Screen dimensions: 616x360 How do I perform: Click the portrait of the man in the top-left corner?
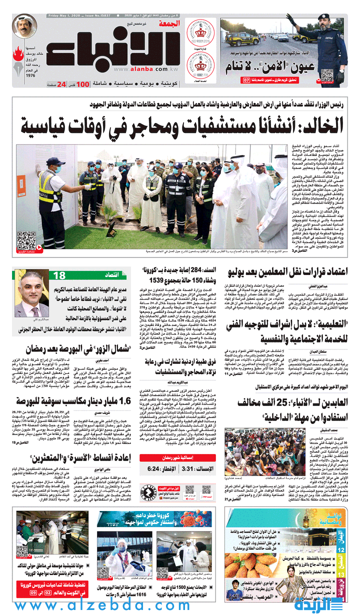[24, 27]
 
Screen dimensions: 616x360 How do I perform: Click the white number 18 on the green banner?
[59, 275]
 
